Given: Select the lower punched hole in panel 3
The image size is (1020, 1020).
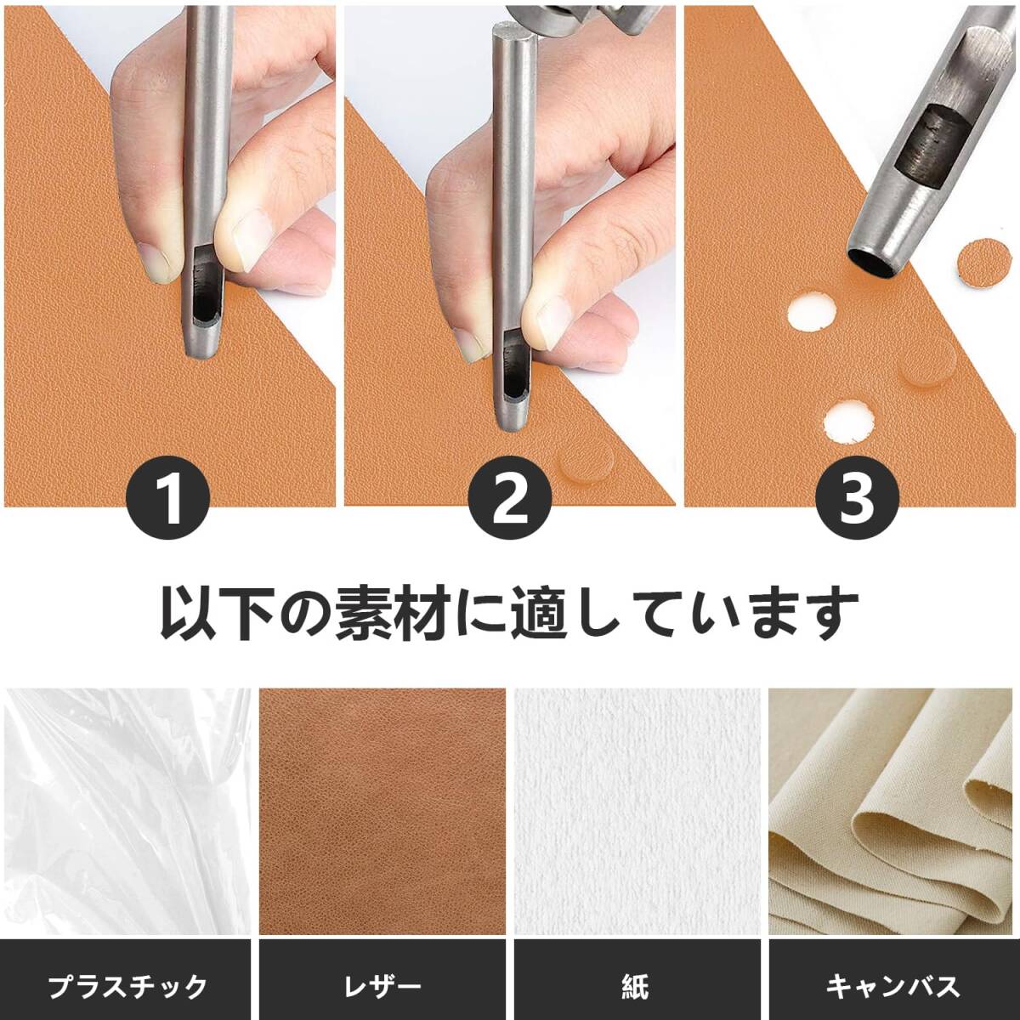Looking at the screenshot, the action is (x=848, y=422).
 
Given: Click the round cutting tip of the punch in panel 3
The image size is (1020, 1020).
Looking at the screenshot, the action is (x=875, y=260).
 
